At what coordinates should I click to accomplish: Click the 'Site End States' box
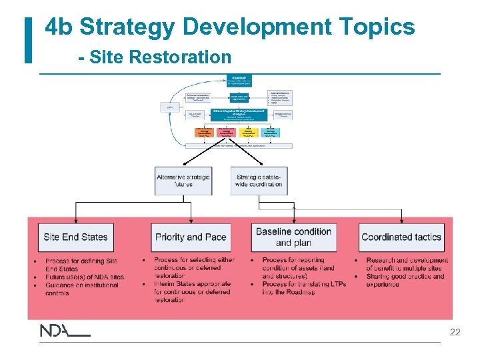(x=75, y=237)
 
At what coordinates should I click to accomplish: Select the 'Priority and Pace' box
(x=190, y=237)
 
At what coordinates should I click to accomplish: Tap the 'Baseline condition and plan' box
(x=293, y=237)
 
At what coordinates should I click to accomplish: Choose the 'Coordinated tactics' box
(x=401, y=237)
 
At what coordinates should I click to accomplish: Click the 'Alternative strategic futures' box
(x=183, y=181)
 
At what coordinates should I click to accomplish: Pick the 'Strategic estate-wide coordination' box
(x=259, y=181)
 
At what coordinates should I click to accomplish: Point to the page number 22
(x=455, y=332)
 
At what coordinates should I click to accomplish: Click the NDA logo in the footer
(x=64, y=331)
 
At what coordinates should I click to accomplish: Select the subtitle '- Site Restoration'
(x=154, y=57)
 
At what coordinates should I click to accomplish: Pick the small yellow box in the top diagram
(x=248, y=132)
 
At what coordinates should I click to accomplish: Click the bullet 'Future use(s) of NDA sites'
(x=85, y=277)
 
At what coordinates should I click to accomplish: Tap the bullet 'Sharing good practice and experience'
(x=405, y=281)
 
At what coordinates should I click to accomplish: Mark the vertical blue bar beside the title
(x=28, y=41)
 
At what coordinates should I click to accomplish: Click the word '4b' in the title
(x=61, y=27)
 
